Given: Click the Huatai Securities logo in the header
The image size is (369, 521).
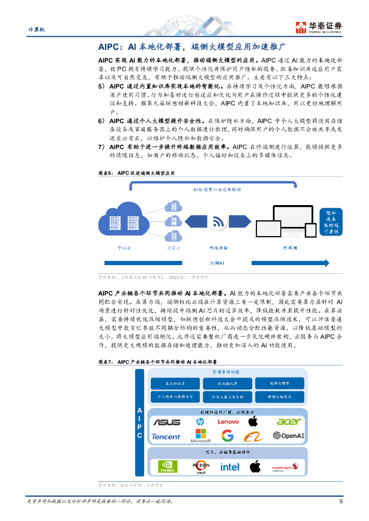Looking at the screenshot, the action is point(319,27).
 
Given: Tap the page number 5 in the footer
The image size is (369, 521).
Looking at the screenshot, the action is point(340,502).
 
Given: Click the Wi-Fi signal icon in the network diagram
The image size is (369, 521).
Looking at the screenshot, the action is point(219,222).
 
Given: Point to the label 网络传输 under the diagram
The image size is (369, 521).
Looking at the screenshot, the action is point(219,248).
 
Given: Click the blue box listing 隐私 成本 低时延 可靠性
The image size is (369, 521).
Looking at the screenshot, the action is point(331,221).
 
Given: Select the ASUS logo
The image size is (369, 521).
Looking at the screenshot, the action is point(167,422).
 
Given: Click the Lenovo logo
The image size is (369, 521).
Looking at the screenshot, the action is point(228,422).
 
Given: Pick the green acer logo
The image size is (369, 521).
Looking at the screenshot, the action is point(289,422).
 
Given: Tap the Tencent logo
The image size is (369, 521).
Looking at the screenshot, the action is point(166,437).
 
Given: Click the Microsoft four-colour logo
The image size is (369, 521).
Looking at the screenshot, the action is point(200,436).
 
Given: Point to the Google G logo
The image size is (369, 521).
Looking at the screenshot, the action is point(227,436).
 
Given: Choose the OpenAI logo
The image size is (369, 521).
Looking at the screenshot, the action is point(288,436).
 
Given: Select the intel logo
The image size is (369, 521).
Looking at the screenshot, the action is point(229,467).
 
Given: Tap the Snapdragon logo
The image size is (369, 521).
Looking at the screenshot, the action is point(285,467).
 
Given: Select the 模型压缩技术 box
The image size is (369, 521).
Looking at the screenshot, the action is point(279,396).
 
